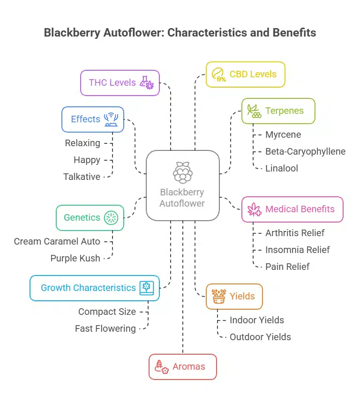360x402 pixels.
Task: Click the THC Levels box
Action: (x=120, y=83)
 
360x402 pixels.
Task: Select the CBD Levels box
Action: (x=245, y=74)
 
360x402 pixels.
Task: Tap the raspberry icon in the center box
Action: (x=182, y=172)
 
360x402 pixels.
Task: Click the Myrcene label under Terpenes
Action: (x=283, y=135)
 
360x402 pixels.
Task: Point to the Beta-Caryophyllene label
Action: (x=305, y=151)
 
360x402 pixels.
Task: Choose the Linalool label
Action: (x=281, y=168)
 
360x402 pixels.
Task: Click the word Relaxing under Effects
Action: (x=82, y=143)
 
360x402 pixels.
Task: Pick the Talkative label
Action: (x=82, y=177)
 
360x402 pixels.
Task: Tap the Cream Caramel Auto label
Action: (x=57, y=241)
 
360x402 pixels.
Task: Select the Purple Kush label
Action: (x=75, y=258)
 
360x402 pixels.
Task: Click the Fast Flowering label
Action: (x=105, y=328)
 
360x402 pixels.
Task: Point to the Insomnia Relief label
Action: (x=298, y=250)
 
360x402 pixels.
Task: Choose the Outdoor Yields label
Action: (x=260, y=337)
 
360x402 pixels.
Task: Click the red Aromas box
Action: (x=183, y=366)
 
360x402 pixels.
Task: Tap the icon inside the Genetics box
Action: (x=111, y=217)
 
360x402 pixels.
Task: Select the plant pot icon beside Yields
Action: (x=218, y=296)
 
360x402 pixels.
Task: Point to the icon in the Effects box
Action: (x=111, y=119)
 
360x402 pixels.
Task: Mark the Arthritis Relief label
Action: (x=295, y=233)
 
